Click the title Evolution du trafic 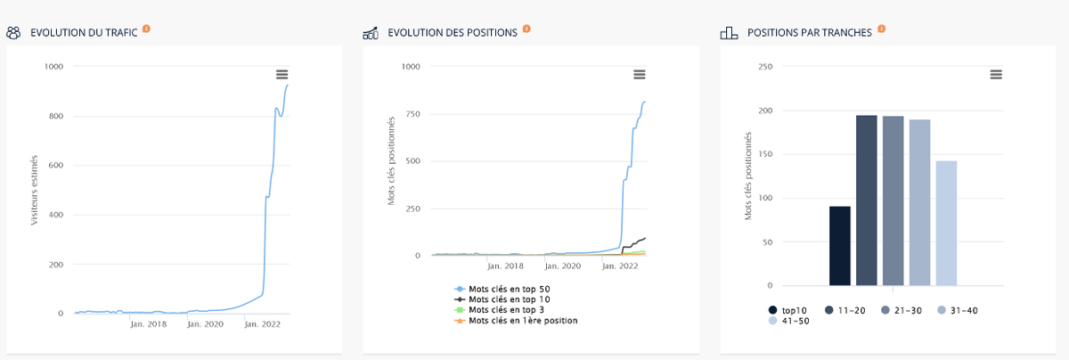click(84, 33)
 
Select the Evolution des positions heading click(453, 33)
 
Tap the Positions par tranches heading click(811, 33)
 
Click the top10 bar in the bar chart click(839, 246)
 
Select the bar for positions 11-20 click(867, 200)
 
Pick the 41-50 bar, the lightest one click(946, 224)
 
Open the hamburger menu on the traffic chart click(282, 74)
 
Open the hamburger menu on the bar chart click(996, 74)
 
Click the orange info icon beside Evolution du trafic click(146, 29)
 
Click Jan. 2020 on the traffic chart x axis click(206, 324)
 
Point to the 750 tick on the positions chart click(411, 114)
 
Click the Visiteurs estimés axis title click(35, 190)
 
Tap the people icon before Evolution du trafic click(14, 33)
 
